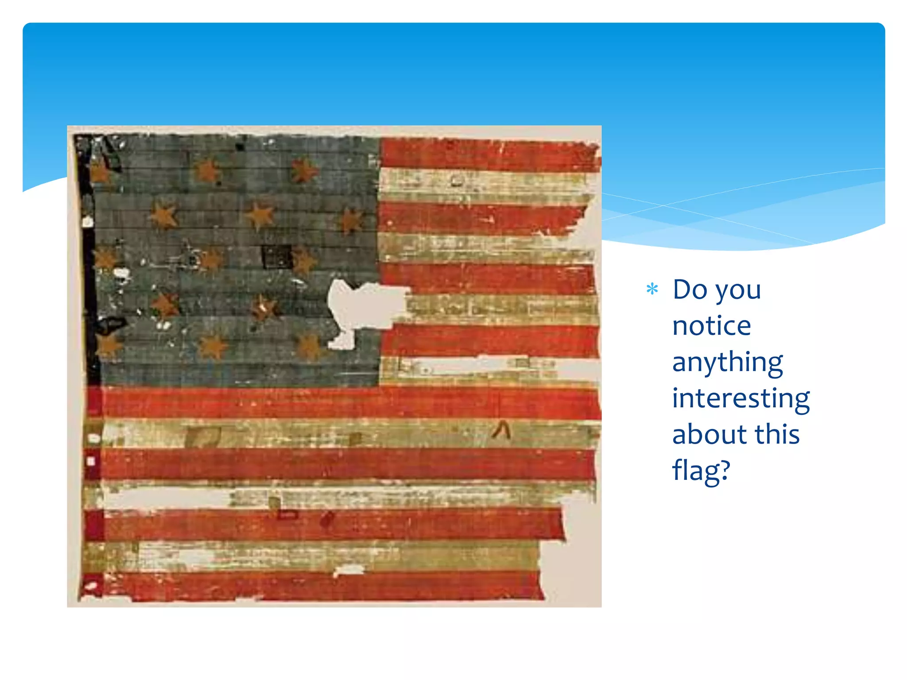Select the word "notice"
click(x=711, y=326)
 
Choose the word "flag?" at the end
click(x=701, y=471)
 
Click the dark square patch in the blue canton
click(x=276, y=257)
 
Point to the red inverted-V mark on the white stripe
click(x=501, y=430)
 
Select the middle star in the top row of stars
click(x=207, y=171)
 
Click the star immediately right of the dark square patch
click(x=304, y=261)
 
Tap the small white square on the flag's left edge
click(x=91, y=461)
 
